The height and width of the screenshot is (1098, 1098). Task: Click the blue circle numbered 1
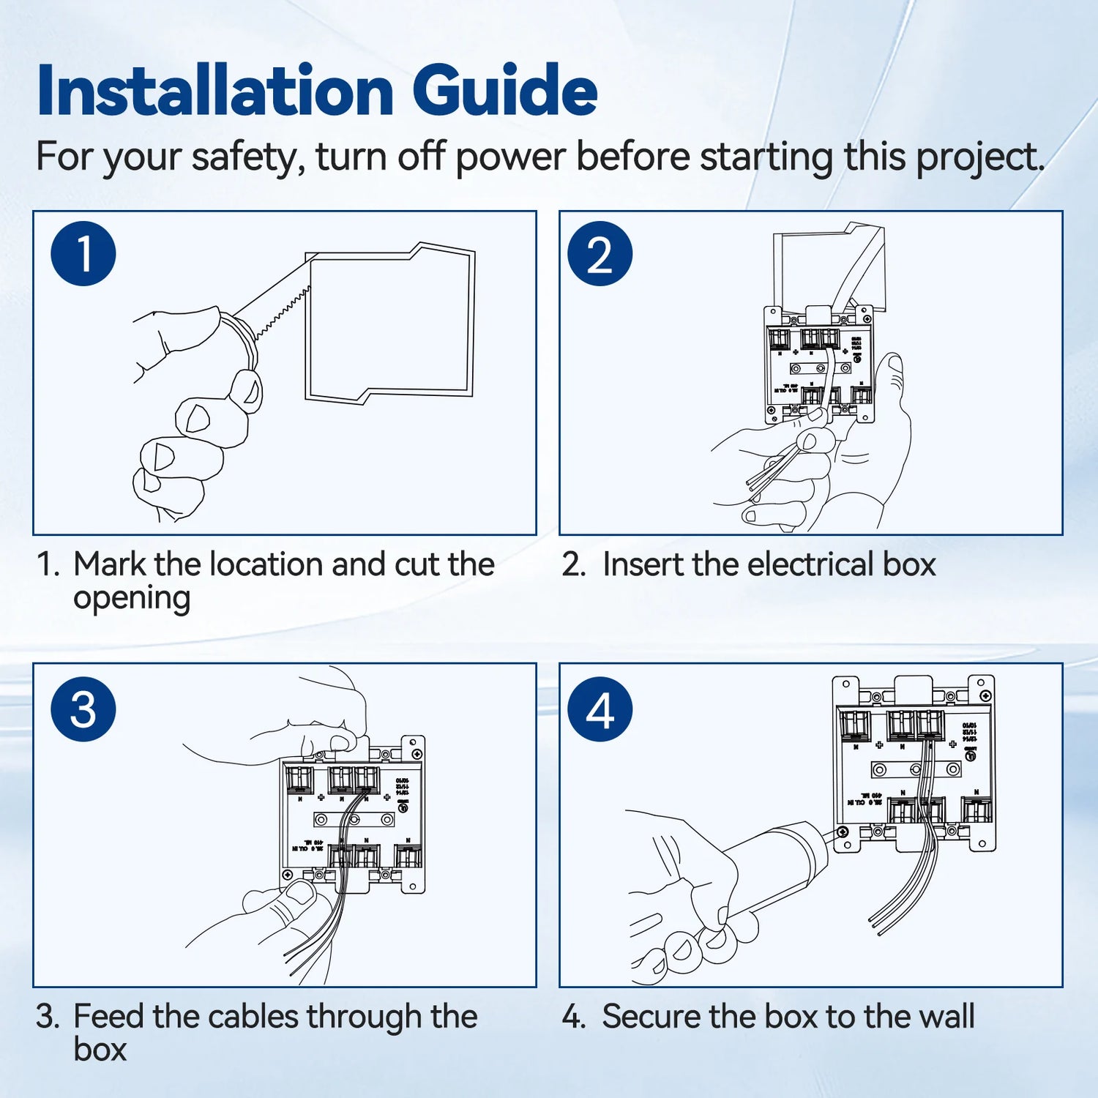[x=83, y=254]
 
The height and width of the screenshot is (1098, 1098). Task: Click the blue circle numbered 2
[x=600, y=254]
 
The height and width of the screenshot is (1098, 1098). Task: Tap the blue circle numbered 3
[x=83, y=709]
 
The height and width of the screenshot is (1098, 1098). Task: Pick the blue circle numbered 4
[x=600, y=709]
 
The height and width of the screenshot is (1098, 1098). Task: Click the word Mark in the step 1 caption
[x=111, y=564]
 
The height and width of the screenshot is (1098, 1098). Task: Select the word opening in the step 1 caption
[x=132, y=599]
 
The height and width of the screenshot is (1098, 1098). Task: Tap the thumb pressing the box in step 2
[x=893, y=381]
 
